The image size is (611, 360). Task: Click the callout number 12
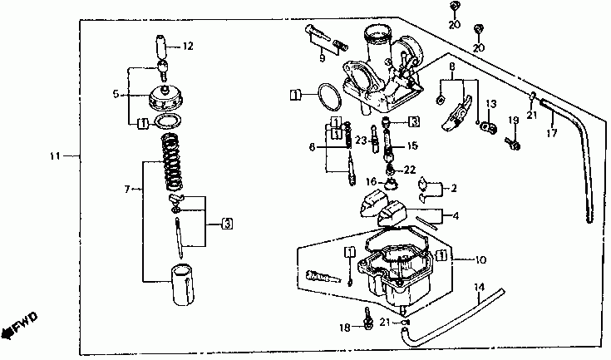coord(187,47)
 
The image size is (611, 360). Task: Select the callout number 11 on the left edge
coord(55,155)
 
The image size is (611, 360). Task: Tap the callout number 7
coord(128,190)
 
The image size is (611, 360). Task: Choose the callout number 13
coord(491,104)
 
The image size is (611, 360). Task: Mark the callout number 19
coord(514,121)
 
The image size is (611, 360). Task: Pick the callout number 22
coord(410,169)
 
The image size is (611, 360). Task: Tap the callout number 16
coord(372,181)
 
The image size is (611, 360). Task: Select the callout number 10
coord(480,259)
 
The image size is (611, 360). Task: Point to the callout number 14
coord(478,288)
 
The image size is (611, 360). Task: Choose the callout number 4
coord(455,216)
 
